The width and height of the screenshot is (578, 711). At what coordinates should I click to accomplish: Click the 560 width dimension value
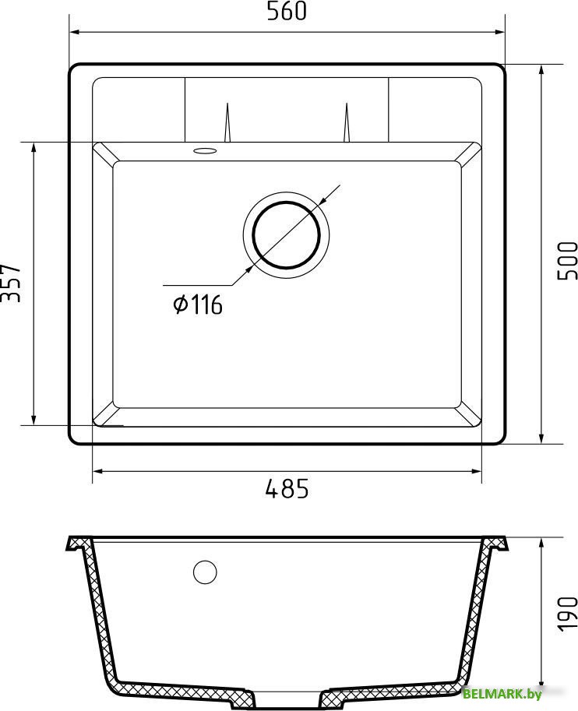click(x=287, y=12)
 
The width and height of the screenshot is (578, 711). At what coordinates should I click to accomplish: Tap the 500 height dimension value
click(x=568, y=261)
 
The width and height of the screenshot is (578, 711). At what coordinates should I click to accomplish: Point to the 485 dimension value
click(x=287, y=489)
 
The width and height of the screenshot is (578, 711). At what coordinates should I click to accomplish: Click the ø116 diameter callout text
click(x=198, y=304)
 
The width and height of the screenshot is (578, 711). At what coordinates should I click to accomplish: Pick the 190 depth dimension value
click(x=568, y=614)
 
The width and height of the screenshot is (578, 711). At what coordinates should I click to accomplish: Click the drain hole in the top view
click(x=287, y=235)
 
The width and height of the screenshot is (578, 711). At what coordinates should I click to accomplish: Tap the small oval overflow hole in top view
click(x=205, y=150)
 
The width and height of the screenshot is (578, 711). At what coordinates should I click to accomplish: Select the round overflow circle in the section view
click(x=205, y=572)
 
